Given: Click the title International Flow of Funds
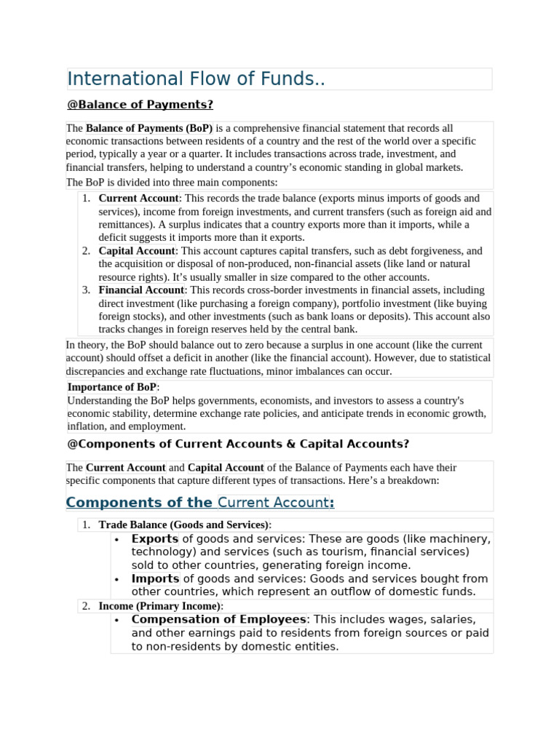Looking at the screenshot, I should [196, 79].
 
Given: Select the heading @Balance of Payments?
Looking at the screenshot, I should [140, 105].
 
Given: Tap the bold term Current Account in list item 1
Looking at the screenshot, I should [138, 199].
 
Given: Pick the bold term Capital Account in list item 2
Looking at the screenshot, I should [137, 251].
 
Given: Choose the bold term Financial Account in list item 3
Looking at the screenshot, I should [141, 290].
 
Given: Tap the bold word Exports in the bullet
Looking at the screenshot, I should [154, 539].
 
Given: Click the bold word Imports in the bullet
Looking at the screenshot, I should [155, 579].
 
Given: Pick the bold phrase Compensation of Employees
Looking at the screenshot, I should [218, 620].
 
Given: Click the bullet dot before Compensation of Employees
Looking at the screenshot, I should [116, 620].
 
